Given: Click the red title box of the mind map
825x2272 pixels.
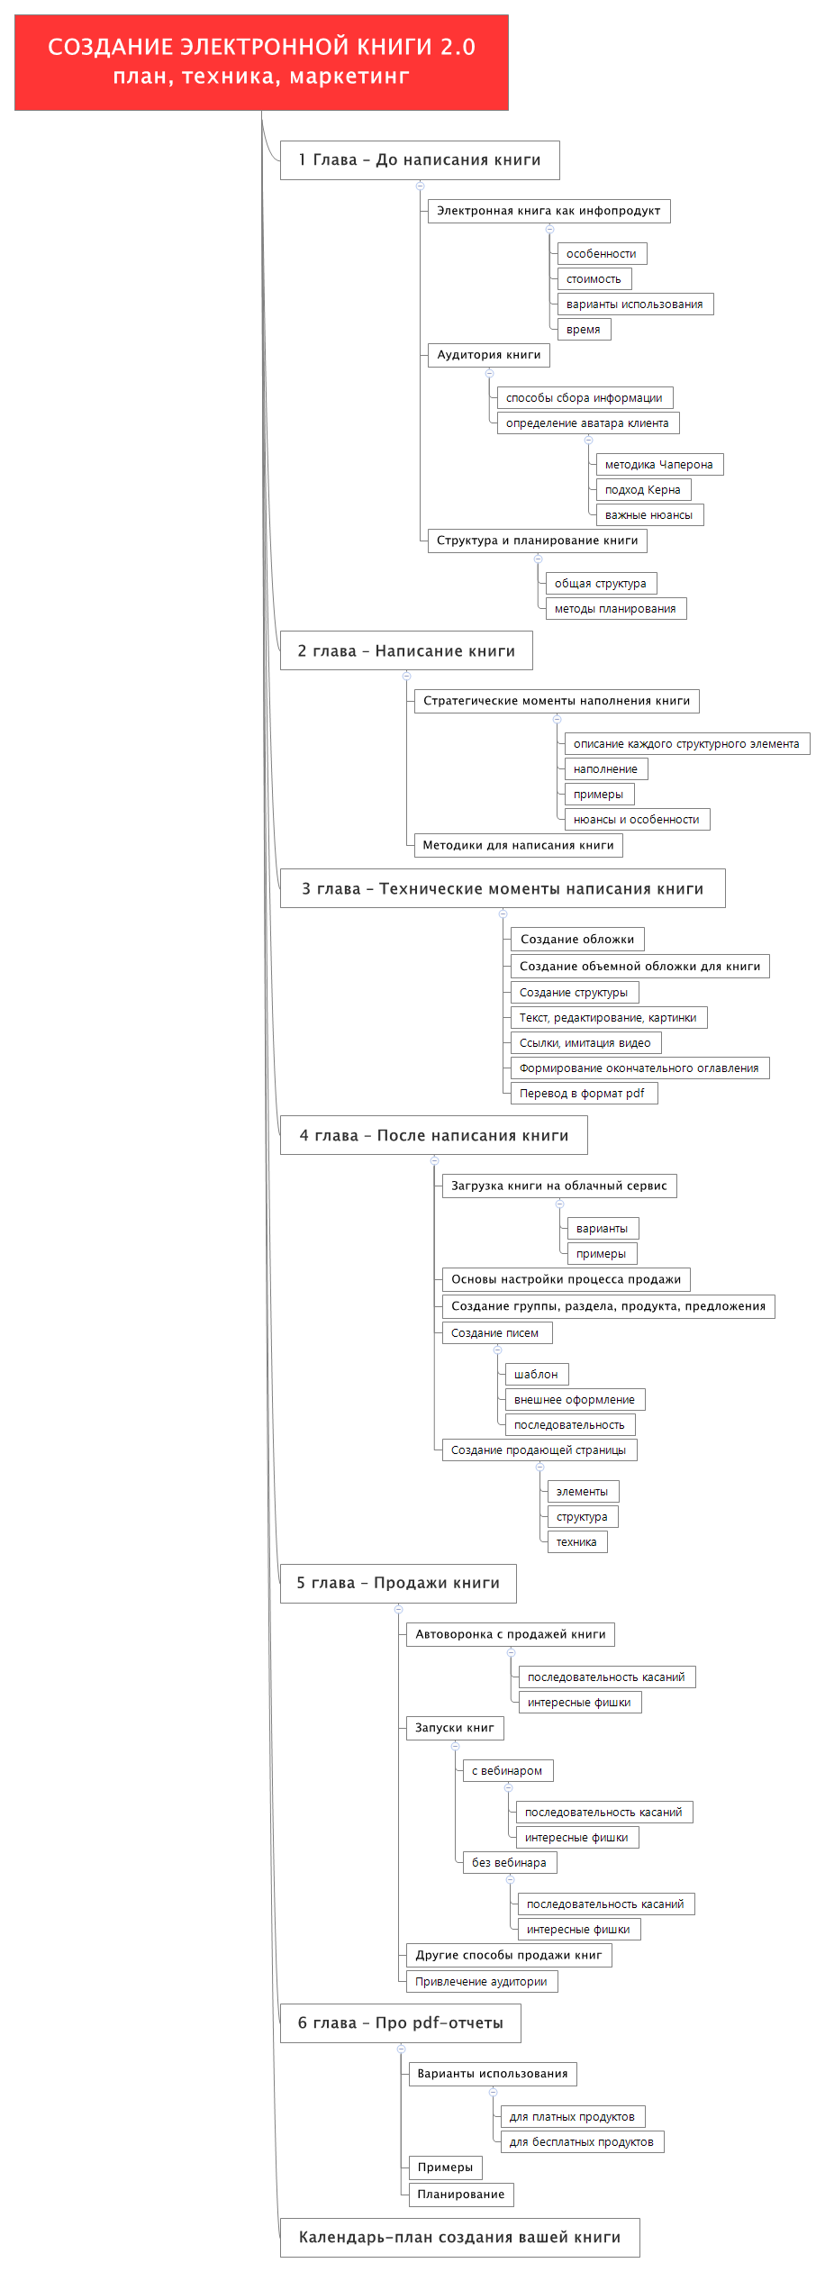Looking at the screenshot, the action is pyautogui.click(x=261, y=62).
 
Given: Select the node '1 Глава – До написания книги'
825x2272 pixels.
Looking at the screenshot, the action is pyautogui.click(x=420, y=160).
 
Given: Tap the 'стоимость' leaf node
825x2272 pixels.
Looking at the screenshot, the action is pyautogui.click(x=594, y=279).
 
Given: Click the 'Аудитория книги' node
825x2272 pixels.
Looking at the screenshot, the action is pyautogui.click(x=489, y=355).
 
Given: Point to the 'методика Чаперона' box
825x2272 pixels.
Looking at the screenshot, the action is pyautogui.click(x=659, y=465).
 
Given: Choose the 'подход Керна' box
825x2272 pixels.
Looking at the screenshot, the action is pyautogui.click(x=643, y=490).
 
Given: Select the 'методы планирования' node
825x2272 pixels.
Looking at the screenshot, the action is pyautogui.click(x=616, y=609).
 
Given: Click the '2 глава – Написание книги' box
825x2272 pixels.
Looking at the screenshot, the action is pyautogui.click(x=406, y=651).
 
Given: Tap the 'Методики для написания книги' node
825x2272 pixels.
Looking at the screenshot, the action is pyautogui.click(x=519, y=845).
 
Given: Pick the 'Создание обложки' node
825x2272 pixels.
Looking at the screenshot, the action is pyautogui.click(x=577, y=940).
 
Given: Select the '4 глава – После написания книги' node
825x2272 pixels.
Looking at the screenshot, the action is pyautogui.click(x=434, y=1136).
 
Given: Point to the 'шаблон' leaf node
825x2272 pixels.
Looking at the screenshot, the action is pyautogui.click(x=537, y=1375).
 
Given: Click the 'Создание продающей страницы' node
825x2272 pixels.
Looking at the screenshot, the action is pyautogui.click(x=539, y=1450).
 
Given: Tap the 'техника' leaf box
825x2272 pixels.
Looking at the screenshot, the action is pyautogui.click(x=577, y=1542).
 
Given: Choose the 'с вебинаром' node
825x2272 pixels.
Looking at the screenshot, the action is pyautogui.click(x=508, y=1771).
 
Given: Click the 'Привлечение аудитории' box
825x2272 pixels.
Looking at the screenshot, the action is pyautogui.click(x=482, y=1982).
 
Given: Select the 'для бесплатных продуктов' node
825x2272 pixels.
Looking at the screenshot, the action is pyautogui.click(x=582, y=2142).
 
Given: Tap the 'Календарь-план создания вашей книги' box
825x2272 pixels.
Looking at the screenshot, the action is pyautogui.click(x=460, y=2238).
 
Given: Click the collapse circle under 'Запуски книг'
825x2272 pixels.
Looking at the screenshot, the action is pyautogui.click(x=455, y=1746).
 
